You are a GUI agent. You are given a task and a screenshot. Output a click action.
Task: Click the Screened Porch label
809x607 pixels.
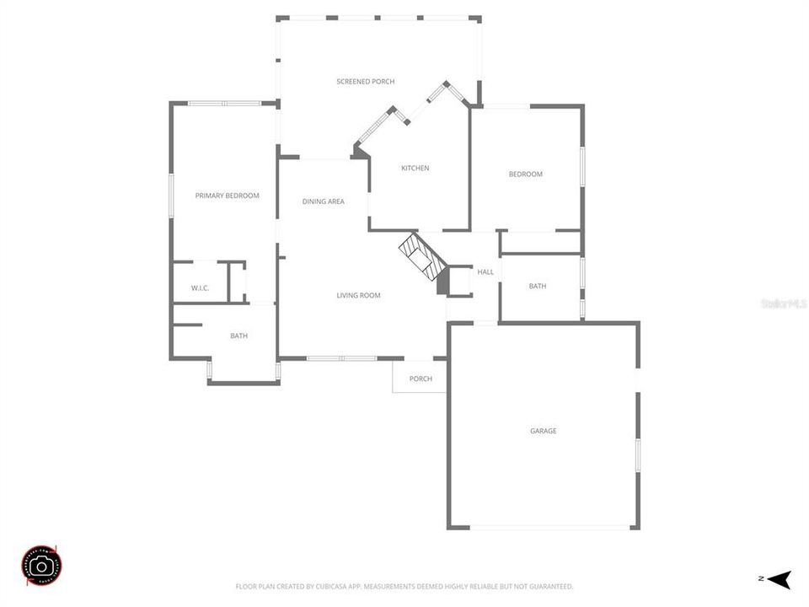coord(365,81)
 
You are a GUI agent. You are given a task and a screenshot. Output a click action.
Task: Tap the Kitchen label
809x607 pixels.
coord(415,168)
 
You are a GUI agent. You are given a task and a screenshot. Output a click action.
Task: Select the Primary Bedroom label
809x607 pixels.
coord(227,195)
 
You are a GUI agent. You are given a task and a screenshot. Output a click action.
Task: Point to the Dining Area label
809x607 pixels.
coord(324,201)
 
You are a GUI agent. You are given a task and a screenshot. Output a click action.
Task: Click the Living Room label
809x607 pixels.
coord(358,295)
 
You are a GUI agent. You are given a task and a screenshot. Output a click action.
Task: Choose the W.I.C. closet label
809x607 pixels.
coord(200,288)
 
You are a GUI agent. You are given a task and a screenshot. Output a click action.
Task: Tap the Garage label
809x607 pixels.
coord(543,431)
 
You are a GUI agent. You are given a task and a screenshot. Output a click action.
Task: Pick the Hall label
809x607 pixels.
coord(485,271)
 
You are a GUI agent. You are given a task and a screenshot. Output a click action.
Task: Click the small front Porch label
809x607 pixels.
coord(421,379)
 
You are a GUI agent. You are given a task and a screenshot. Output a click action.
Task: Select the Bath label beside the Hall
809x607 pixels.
coord(538,286)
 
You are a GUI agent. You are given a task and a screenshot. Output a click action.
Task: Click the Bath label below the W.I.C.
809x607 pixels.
coord(239,336)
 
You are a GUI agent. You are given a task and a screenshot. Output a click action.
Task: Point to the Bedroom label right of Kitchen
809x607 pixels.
coord(525,174)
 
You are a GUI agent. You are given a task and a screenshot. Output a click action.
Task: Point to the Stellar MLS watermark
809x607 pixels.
coord(783,303)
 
